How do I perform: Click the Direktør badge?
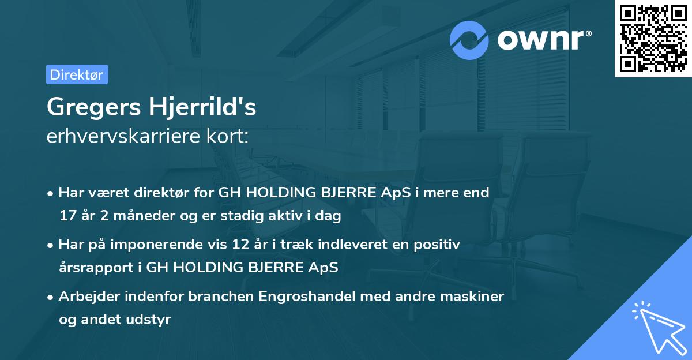click(77, 74)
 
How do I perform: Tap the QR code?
click(653, 38)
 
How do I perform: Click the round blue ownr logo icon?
click(469, 40)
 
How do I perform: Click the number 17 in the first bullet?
click(67, 216)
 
